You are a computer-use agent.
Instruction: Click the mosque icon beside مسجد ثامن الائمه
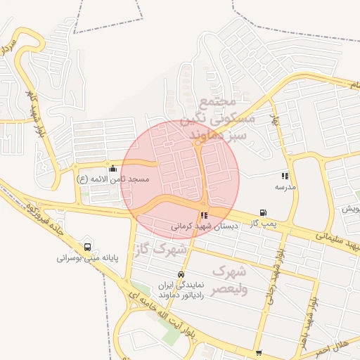[113, 169]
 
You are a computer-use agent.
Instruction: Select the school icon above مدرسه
[284, 176]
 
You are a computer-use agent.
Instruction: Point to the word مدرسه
[285, 187]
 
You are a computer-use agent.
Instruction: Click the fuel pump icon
[263, 212]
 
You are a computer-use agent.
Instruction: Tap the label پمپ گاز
[264, 223]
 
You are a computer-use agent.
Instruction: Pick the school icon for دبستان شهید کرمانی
[204, 216]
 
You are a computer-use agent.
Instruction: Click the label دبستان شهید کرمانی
[205, 226]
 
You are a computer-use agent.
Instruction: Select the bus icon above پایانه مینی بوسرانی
[87, 247]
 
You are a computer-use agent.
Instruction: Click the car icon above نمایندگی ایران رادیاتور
[181, 274]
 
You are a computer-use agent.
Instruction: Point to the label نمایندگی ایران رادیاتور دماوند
[181, 290]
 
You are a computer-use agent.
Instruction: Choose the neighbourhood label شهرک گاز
[162, 249]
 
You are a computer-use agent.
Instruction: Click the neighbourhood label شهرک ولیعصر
[230, 279]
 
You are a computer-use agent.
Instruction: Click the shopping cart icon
[259, 352]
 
